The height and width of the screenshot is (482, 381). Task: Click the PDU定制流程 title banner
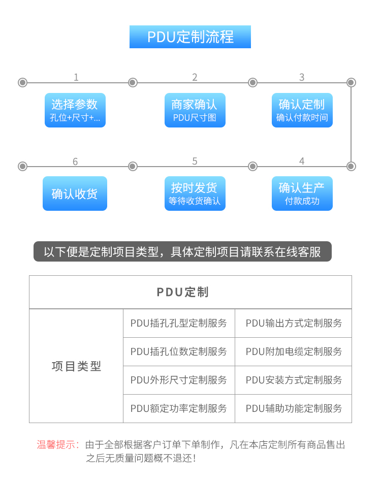190,37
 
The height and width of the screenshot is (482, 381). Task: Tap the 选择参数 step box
75,110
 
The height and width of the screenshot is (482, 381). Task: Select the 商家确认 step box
195,110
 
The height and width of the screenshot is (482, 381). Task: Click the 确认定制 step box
302,110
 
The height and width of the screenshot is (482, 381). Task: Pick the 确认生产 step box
302,194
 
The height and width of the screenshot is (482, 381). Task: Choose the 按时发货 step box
195,194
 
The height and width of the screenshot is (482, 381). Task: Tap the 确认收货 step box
75,194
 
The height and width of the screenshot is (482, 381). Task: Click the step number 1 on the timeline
76,77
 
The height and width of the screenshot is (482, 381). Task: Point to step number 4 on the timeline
302,161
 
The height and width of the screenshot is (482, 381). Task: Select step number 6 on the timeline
75,162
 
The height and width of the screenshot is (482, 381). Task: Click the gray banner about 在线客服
182,251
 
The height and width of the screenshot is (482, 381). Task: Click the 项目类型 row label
76,366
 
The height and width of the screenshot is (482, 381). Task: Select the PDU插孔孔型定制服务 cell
179,323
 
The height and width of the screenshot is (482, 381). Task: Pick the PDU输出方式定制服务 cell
293,323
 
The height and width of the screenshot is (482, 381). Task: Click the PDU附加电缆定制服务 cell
293,351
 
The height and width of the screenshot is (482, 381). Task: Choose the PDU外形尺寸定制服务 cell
179,380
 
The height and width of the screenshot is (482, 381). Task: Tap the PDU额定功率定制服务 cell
179,408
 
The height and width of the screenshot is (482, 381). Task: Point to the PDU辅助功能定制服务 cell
293,408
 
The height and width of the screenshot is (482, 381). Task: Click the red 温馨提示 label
58,444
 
